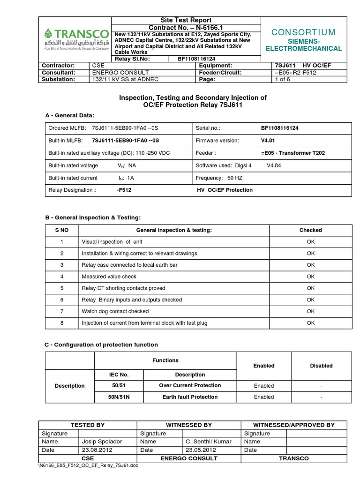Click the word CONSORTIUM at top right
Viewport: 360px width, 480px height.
point(304,32)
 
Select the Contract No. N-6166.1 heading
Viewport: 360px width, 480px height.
point(186,28)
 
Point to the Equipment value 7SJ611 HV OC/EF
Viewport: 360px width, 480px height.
point(302,66)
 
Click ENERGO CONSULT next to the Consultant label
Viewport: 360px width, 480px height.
point(120,73)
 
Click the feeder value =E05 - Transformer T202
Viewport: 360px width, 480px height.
point(292,153)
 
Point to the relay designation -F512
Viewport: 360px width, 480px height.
point(124,190)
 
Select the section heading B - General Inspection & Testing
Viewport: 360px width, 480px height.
point(92,217)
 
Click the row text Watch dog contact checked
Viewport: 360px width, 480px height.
point(115,311)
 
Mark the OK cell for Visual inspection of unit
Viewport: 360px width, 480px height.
point(310,242)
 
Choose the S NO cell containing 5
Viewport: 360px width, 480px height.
point(61,288)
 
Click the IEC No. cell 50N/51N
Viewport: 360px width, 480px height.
point(119,397)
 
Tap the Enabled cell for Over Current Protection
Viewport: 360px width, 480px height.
point(264,386)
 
